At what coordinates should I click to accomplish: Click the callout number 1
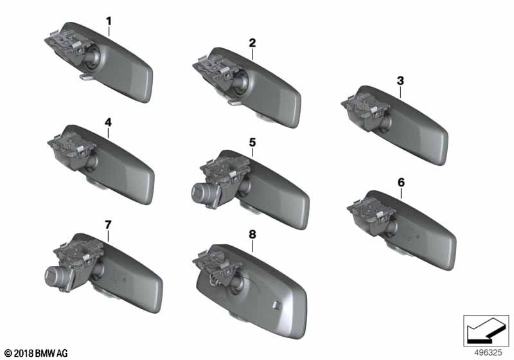tap(109, 21)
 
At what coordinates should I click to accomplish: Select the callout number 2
tap(252, 43)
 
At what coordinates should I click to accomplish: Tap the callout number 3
tap(400, 80)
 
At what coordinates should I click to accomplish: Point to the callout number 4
tap(108, 123)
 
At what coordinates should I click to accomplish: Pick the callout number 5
tap(252, 143)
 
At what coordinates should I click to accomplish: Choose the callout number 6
tap(401, 183)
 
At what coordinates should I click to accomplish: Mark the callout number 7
tap(108, 225)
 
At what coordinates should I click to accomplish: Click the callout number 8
tap(252, 235)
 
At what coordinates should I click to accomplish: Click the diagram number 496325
tap(488, 353)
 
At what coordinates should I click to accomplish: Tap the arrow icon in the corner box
tap(485, 330)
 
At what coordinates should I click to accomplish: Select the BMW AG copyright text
tap(36, 354)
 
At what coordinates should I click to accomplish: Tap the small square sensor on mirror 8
tap(276, 305)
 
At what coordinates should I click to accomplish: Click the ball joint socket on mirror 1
tap(93, 59)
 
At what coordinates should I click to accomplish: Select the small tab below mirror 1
tap(86, 76)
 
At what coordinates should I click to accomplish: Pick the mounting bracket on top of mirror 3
tap(364, 105)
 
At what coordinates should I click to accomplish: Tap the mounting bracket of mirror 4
tap(71, 144)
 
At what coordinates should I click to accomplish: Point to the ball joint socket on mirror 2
tap(241, 84)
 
